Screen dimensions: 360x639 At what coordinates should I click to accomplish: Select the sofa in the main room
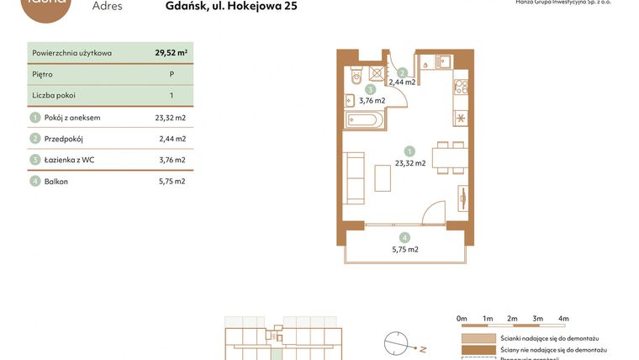[354, 177]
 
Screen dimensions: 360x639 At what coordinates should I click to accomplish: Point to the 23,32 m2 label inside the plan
[409, 163]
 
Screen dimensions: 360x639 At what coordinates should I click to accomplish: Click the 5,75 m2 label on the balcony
[405, 249]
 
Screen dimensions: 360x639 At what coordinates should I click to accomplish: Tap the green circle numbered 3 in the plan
[370, 89]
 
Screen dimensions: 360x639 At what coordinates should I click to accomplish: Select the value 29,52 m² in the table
[171, 52]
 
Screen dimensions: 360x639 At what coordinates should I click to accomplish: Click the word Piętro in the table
[42, 74]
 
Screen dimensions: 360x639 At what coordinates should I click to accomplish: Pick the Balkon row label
[57, 181]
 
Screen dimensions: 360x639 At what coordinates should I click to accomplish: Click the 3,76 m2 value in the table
[172, 160]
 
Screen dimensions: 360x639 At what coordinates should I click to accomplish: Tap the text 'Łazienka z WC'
[70, 160]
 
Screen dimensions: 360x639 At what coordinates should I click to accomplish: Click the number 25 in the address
[288, 7]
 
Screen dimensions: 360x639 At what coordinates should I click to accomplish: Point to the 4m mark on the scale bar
[563, 319]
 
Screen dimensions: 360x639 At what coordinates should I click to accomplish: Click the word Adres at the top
[107, 7]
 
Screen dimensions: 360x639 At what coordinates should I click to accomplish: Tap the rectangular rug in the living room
[383, 177]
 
